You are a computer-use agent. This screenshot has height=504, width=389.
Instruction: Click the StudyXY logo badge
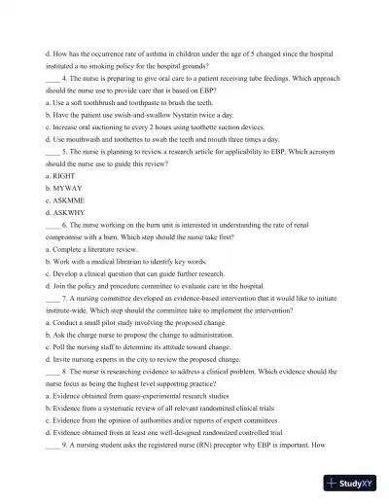(x=352, y=484)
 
